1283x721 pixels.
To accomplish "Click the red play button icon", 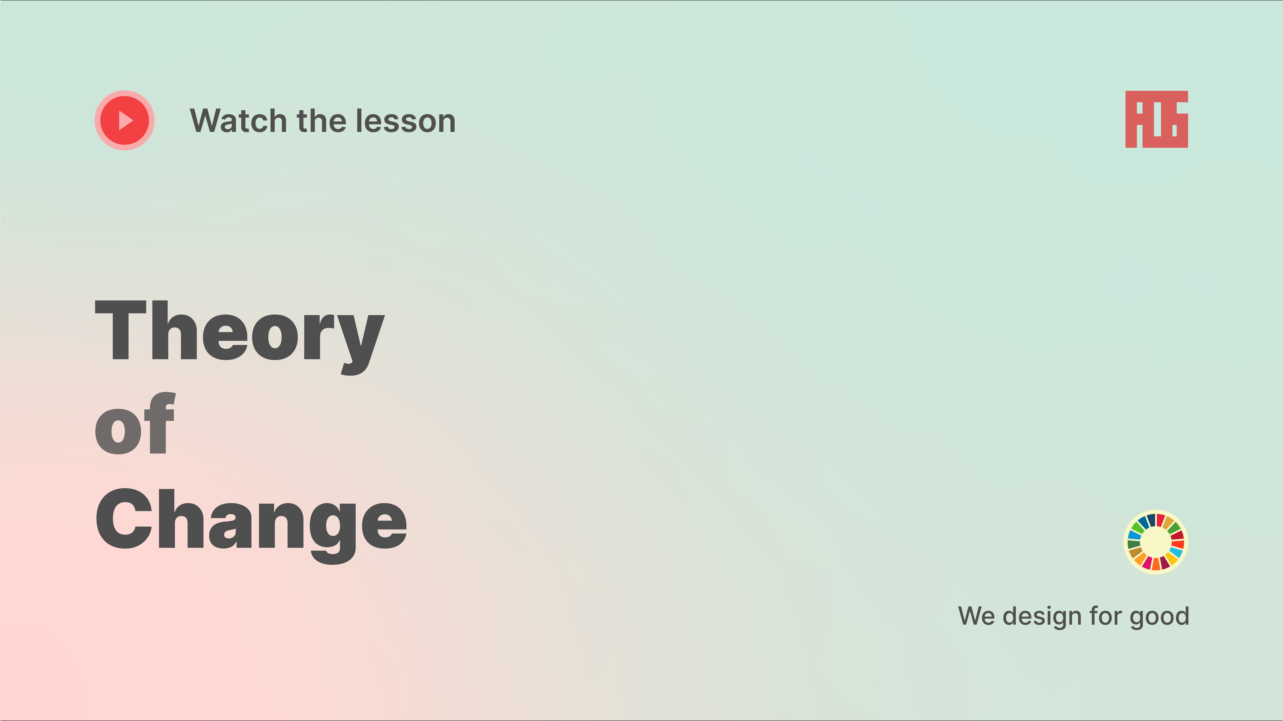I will click(124, 121).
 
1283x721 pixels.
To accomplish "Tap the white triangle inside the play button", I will click(126, 121).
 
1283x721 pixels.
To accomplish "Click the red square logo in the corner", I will click(1156, 120).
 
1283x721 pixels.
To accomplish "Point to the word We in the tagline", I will click(977, 616).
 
